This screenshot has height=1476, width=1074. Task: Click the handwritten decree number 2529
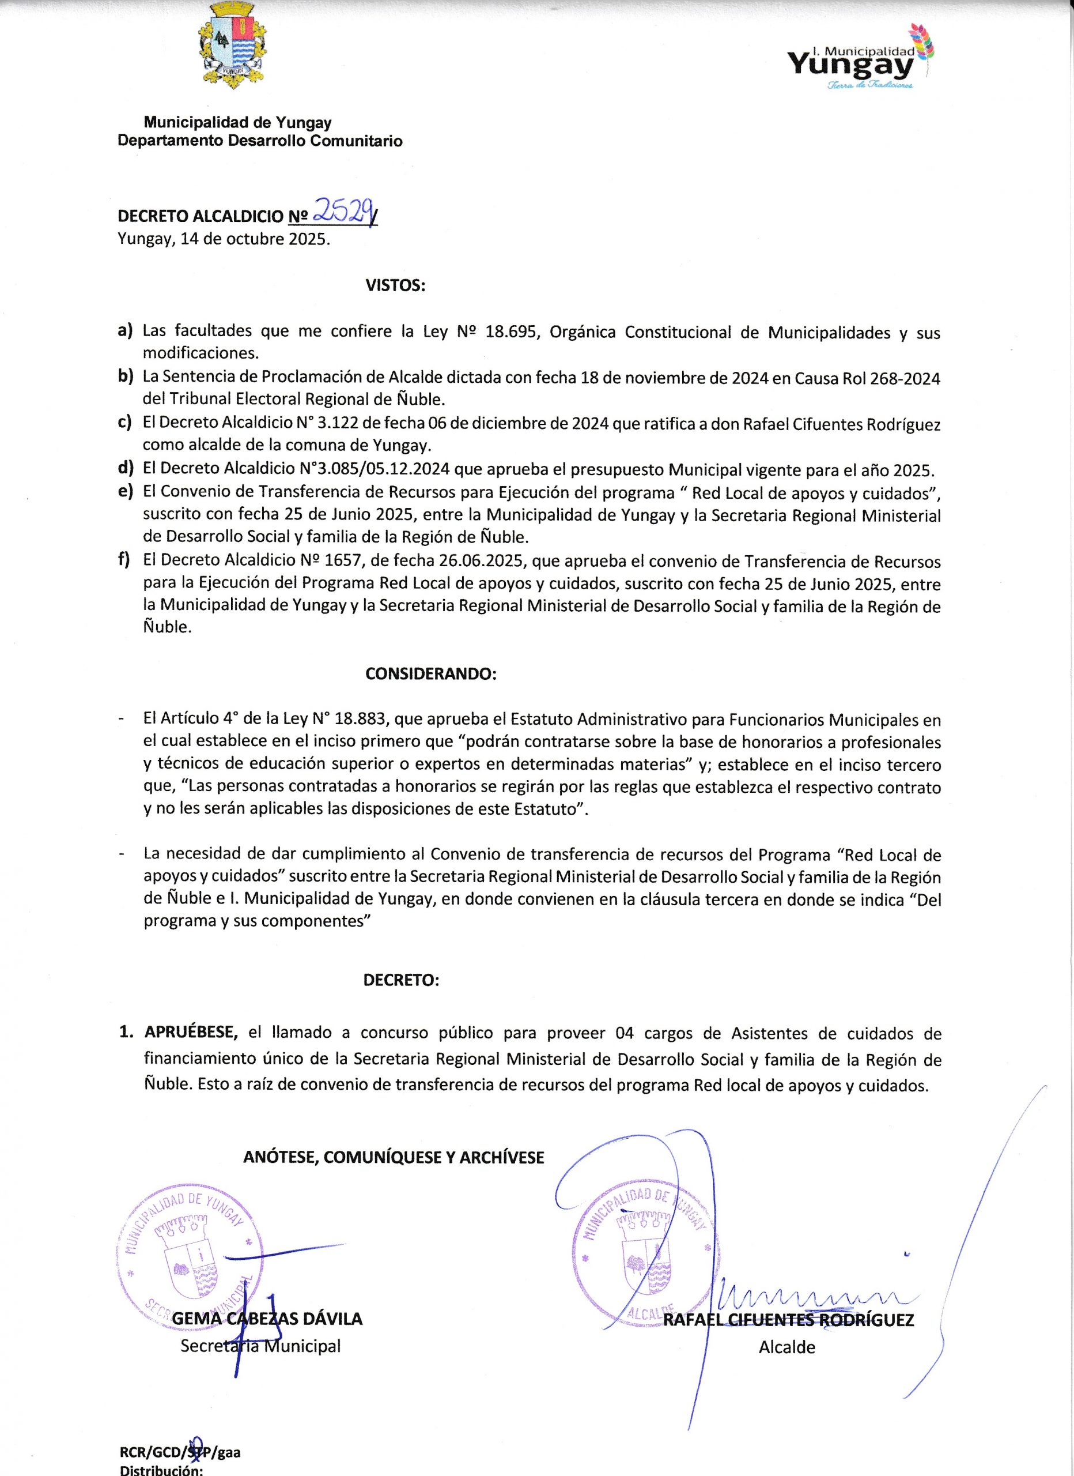pyautogui.click(x=343, y=212)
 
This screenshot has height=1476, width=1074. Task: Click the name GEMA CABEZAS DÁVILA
pyautogui.click(x=267, y=1319)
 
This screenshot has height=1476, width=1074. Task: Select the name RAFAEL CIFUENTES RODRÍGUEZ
pyautogui.click(x=788, y=1320)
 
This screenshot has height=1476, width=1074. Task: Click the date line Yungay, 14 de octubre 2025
pyautogui.click(x=224, y=239)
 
